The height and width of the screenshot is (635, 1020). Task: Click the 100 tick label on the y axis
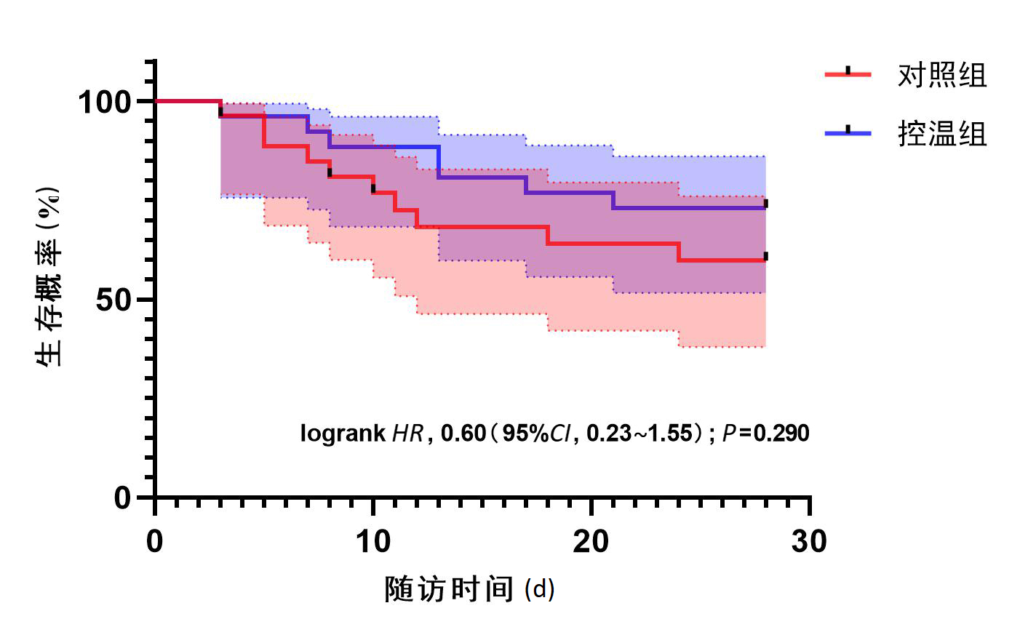103,102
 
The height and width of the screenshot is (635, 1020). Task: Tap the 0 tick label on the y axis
123,498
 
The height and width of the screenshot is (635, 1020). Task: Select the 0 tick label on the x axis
154,542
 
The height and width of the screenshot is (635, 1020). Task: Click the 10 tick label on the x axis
372,542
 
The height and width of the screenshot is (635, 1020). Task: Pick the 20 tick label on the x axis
590,542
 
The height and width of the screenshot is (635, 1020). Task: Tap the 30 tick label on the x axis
808,542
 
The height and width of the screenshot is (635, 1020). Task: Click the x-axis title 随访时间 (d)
469,589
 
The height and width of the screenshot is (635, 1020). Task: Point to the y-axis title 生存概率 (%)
49,276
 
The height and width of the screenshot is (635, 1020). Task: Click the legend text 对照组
942,75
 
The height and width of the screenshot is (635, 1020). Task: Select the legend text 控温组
942,134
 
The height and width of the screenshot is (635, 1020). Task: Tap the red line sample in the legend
848,73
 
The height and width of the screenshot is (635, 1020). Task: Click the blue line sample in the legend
848,132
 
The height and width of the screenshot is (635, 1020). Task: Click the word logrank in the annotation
343,434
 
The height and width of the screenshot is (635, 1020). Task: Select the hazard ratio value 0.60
463,434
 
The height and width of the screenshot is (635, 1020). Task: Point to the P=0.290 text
766,434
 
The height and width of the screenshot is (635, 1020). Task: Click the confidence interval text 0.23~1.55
640,434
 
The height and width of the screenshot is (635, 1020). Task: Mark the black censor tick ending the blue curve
765,204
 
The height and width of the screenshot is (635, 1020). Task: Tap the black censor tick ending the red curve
765,256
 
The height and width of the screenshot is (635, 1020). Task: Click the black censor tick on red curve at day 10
373,188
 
